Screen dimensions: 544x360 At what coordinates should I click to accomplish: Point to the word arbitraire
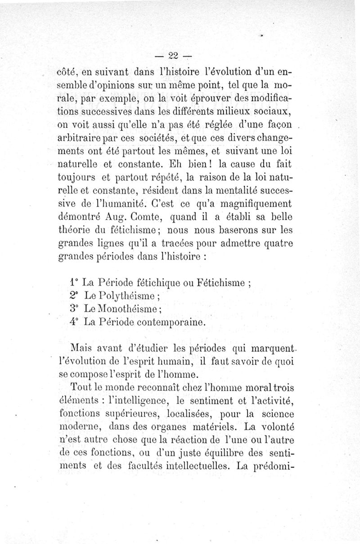81,137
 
